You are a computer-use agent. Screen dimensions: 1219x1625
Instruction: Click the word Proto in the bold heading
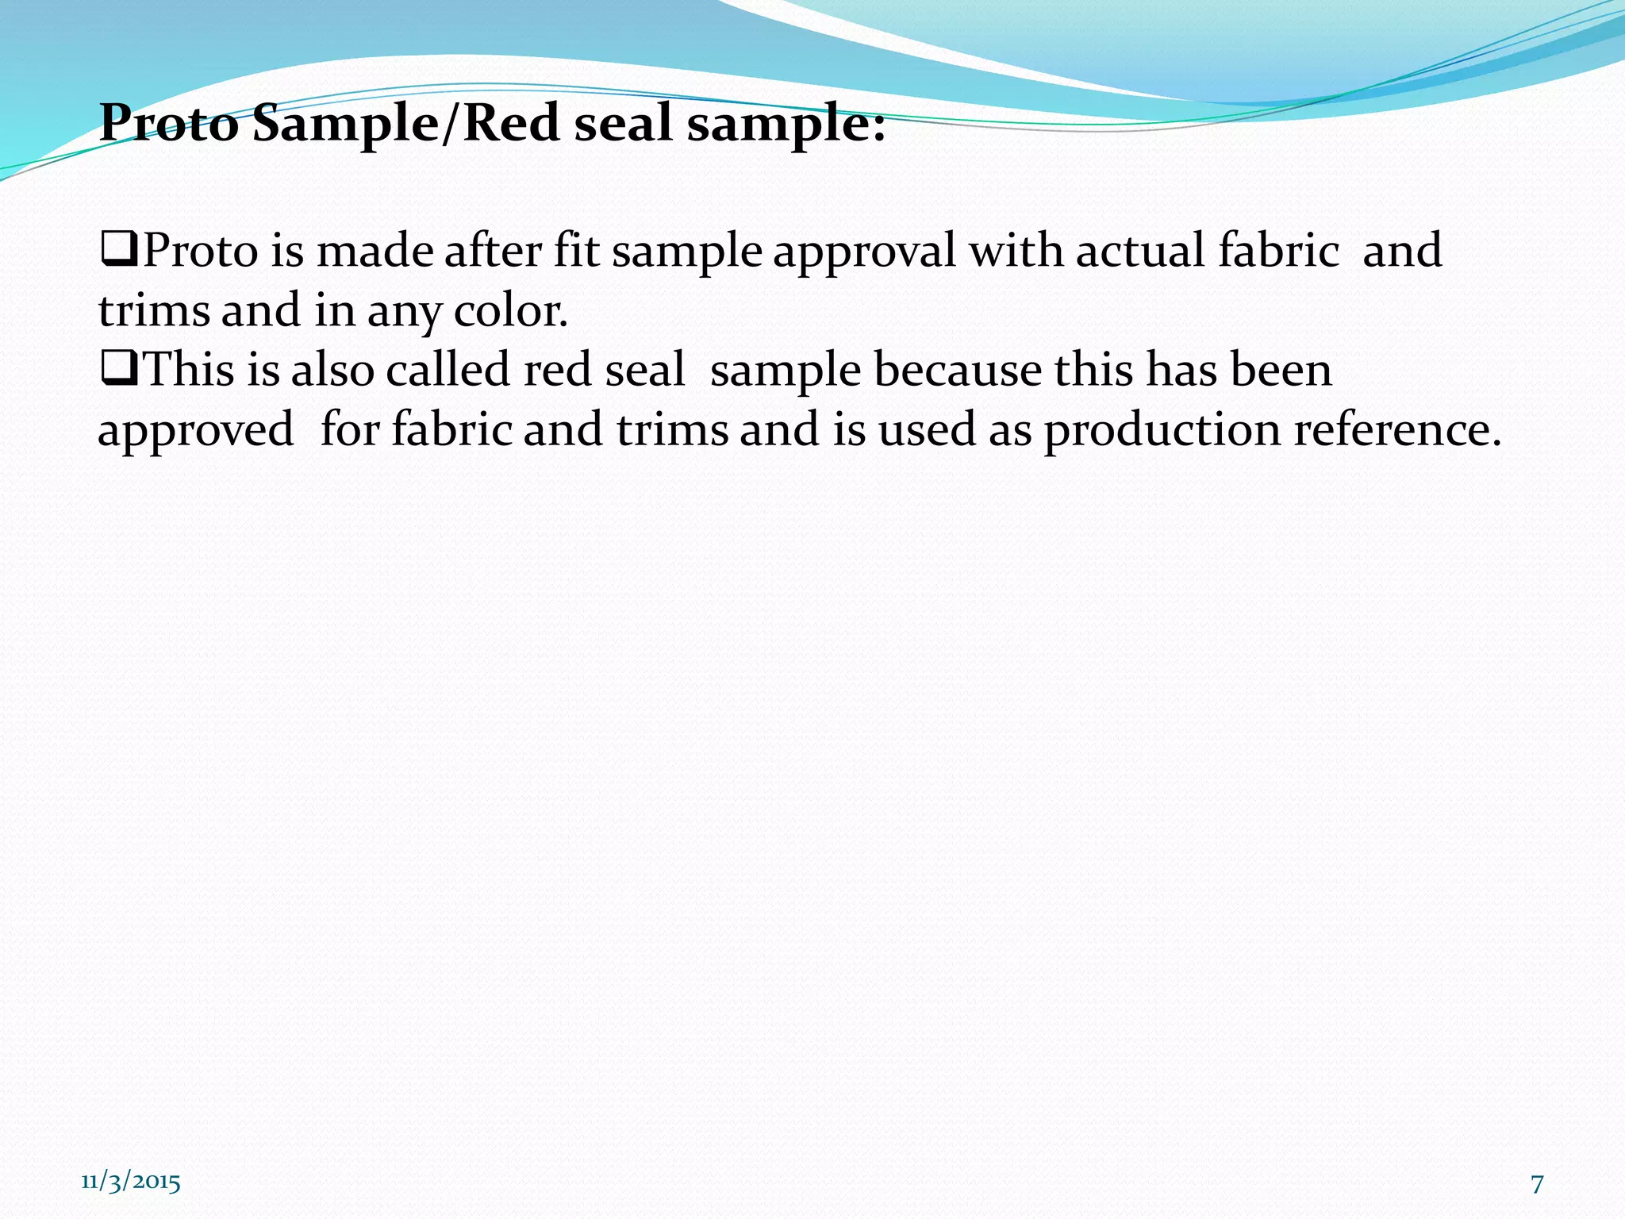tap(168, 125)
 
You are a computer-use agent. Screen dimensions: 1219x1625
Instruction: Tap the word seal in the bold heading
tap(623, 125)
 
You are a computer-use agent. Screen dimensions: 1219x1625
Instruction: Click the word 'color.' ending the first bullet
tap(511, 310)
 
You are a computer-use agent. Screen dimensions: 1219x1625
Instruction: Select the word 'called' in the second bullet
tap(448, 370)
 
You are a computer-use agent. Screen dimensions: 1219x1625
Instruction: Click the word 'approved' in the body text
tap(195, 432)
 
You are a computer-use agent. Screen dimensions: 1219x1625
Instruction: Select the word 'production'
tap(1162, 432)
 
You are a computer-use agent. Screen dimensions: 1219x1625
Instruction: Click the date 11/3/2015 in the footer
tap(131, 1182)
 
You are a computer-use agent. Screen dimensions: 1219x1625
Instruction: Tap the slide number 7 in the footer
tap(1537, 1184)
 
